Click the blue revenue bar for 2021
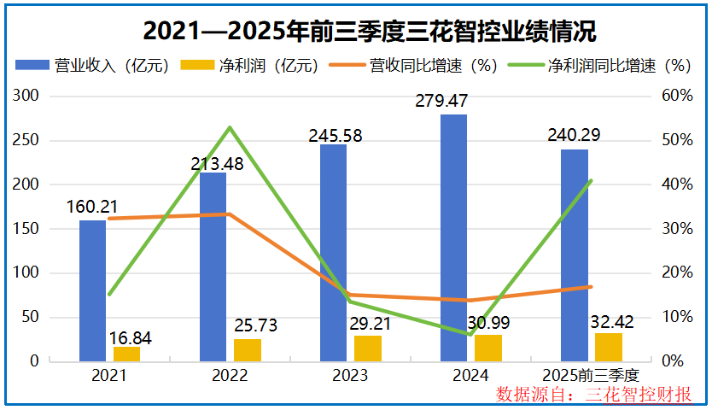[92, 290]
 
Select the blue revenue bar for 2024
[453, 239]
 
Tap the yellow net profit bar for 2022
[248, 350]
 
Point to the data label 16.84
[131, 339]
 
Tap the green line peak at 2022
[230, 128]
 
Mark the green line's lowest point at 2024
[470, 334]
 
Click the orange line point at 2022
[230, 214]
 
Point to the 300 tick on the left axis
[29, 96]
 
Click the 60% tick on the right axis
[677, 96]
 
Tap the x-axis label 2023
[350, 376]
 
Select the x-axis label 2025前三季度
[591, 376]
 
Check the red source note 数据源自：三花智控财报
[593, 395]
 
